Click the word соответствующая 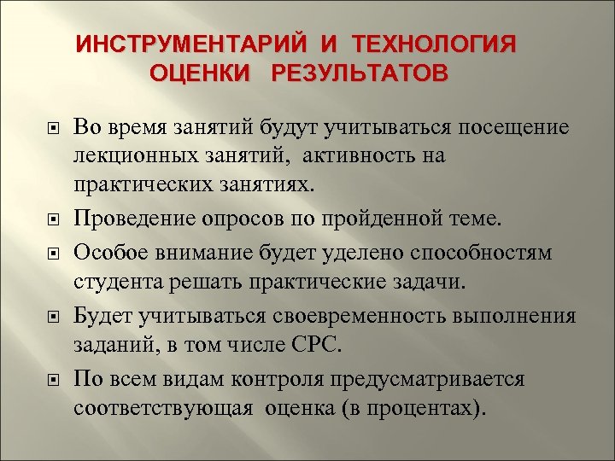163,406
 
